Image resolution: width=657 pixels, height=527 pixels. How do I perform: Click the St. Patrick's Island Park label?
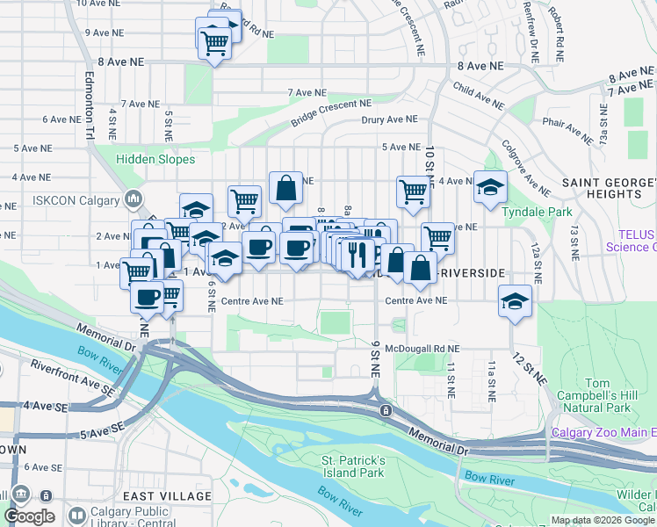click(x=353, y=466)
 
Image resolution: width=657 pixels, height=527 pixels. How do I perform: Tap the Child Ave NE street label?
click(x=479, y=96)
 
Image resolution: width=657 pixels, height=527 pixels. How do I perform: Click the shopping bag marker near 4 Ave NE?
click(x=286, y=187)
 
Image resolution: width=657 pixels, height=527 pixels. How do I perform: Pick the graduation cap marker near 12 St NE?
click(x=515, y=301)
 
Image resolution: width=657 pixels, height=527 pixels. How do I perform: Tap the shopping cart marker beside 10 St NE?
click(x=413, y=191)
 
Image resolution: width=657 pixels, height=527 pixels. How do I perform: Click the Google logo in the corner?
click(x=29, y=516)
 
